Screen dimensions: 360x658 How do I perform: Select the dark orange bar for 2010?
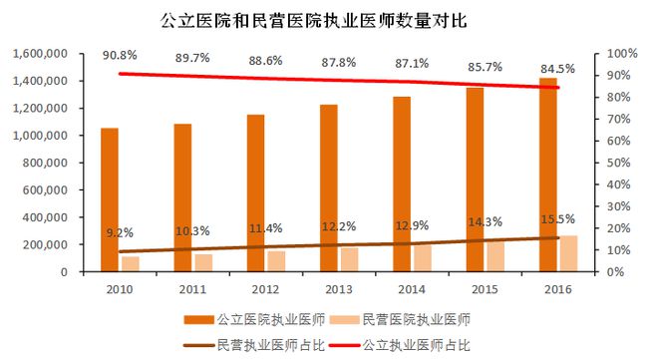coord(110,199)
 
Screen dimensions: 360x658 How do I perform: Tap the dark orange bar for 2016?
coord(548,175)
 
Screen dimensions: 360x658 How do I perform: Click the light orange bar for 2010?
coord(131,263)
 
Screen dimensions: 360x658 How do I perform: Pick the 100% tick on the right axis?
coord(623,53)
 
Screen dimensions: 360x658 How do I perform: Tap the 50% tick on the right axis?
coord(620,163)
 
